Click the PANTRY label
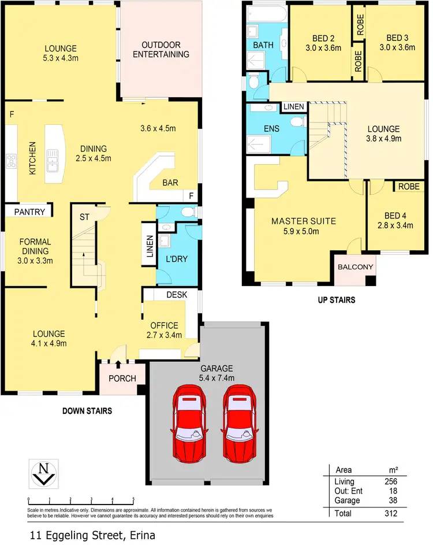[29, 212]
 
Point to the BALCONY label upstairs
[356, 267]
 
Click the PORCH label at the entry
[122, 379]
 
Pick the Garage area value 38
[392, 500]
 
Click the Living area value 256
[390, 481]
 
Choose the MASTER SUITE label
[304, 221]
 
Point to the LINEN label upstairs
[294, 107]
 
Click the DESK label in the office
[176, 294]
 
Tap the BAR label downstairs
[170, 183]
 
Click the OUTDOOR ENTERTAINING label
[161, 50]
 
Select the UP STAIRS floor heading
[336, 300]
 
